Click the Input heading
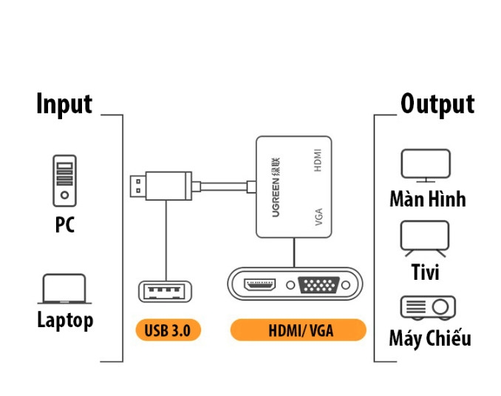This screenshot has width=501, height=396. (64, 104)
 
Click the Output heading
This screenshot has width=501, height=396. (437, 104)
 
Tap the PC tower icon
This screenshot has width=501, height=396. (64, 180)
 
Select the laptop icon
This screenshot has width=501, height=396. (64, 289)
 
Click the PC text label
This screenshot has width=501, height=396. (65, 225)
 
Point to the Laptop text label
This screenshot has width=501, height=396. (65, 321)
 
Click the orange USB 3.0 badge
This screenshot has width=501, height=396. (168, 330)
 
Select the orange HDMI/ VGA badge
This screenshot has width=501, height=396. (299, 330)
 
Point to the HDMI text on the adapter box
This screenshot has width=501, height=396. (318, 161)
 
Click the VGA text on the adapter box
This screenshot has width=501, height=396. (318, 217)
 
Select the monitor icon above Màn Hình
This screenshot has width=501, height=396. (426, 165)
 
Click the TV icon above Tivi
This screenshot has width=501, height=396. (425, 238)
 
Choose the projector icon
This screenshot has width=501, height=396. (428, 307)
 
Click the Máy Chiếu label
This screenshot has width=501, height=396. (429, 340)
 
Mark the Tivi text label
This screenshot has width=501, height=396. (426, 272)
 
